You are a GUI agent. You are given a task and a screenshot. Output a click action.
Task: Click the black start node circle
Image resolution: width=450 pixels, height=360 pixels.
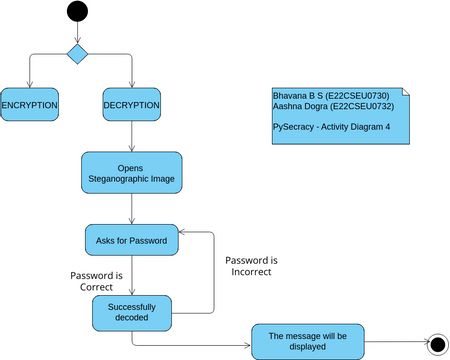tap(77, 13)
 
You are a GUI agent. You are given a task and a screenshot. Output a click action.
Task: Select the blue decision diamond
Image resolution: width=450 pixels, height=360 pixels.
tap(77, 52)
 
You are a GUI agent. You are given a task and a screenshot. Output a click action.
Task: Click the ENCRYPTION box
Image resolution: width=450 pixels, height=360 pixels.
tap(29, 105)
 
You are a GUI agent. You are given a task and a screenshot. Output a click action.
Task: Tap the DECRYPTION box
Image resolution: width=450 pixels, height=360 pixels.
tap(132, 105)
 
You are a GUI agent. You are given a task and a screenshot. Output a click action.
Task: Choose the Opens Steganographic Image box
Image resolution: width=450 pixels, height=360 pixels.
tap(132, 173)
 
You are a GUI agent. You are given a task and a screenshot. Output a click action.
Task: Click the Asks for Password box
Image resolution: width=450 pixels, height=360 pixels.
tap(132, 241)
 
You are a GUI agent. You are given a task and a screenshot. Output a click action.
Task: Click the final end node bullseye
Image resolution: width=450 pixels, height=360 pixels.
tap(436, 344)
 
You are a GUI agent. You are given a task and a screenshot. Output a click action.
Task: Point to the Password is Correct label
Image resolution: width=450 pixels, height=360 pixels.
tap(97, 280)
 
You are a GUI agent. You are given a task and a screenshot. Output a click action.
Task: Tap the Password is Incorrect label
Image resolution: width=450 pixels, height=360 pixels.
tap(251, 265)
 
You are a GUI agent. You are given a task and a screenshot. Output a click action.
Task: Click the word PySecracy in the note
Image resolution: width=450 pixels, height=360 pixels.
tap(294, 127)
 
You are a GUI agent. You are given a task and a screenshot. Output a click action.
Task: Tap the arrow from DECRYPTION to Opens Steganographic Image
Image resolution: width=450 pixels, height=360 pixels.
tap(132, 136)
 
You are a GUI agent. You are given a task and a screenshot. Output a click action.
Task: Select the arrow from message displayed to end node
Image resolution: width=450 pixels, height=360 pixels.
tap(392, 344)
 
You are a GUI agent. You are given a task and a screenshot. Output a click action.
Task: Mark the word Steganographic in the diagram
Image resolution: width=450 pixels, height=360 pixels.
tap(132, 180)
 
